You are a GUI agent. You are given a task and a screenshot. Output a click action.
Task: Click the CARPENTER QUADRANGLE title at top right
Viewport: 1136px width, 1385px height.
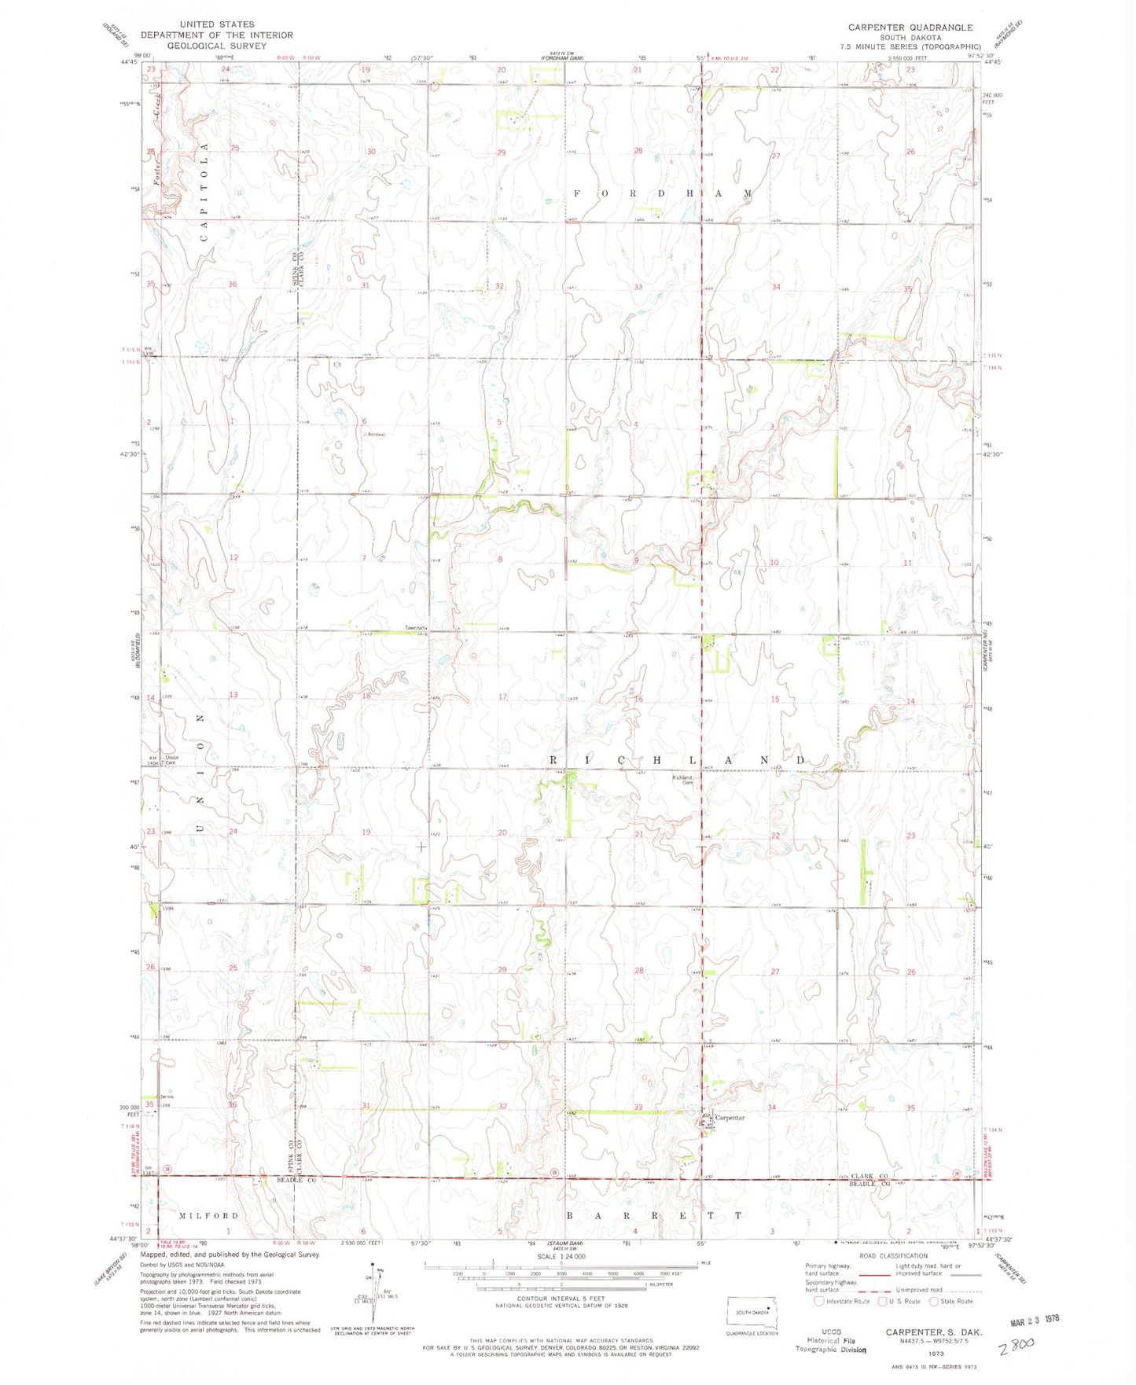(x=910, y=28)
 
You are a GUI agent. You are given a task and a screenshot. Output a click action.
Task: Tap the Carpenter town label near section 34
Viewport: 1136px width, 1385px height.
(x=730, y=1117)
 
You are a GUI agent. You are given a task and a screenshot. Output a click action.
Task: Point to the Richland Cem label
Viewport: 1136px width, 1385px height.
(x=682, y=779)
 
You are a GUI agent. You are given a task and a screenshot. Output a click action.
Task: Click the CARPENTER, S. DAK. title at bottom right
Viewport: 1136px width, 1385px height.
(x=933, y=1332)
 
